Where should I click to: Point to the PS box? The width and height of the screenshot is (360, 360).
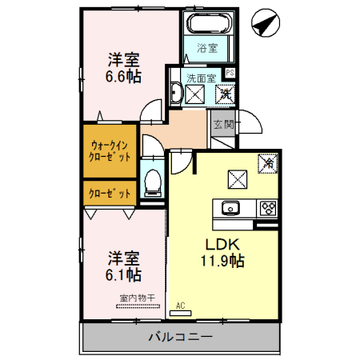click(x=230, y=74)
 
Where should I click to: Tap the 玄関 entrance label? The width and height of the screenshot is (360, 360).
click(x=223, y=124)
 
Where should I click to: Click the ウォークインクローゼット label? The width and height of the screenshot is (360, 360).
click(x=110, y=151)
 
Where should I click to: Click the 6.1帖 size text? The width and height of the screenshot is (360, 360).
click(x=124, y=275)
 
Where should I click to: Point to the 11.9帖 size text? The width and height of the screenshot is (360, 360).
click(x=222, y=261)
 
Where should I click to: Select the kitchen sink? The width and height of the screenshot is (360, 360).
click(x=230, y=210)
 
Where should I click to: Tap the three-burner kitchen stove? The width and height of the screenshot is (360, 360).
click(x=267, y=210)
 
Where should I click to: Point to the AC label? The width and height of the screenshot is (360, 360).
click(x=180, y=305)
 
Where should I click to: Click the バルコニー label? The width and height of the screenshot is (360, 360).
click(x=180, y=337)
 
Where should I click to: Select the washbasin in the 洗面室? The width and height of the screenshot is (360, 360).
click(x=193, y=95)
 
